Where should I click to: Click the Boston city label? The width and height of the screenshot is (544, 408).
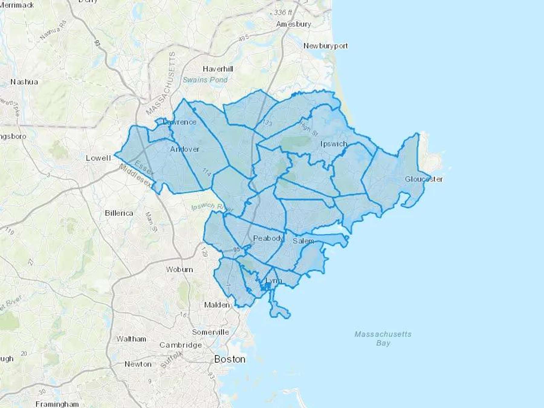pyautogui.click(x=230, y=359)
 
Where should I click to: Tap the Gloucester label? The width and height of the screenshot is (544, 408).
pyautogui.click(x=424, y=179)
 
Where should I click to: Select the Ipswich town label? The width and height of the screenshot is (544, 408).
pyautogui.click(x=334, y=144)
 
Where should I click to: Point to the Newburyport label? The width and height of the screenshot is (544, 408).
pyautogui.click(x=325, y=46)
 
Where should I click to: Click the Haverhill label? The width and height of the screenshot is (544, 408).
pyautogui.click(x=218, y=69)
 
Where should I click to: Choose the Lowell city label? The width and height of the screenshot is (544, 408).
pyautogui.click(x=99, y=158)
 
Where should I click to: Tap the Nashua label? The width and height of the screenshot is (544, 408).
pyautogui.click(x=24, y=82)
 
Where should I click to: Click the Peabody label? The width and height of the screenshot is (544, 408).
pyautogui.click(x=268, y=238)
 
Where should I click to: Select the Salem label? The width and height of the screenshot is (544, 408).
pyautogui.click(x=303, y=241)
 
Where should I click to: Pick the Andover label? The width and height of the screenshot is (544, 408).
pyautogui.click(x=185, y=149)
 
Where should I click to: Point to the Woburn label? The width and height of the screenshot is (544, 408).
pyautogui.click(x=179, y=269)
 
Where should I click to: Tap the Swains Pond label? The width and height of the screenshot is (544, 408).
pyautogui.click(x=205, y=80)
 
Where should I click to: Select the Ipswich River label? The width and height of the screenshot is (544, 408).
pyautogui.click(x=212, y=207)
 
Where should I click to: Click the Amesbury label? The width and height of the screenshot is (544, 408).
pyautogui.click(x=293, y=24)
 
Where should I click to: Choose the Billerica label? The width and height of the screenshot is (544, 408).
pyautogui.click(x=119, y=213)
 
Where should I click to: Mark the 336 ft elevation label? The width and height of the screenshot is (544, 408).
pyautogui.click(x=283, y=12)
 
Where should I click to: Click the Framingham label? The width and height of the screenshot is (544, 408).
pyautogui.click(x=57, y=404)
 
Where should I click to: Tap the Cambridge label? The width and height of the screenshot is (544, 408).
pyautogui.click(x=180, y=345)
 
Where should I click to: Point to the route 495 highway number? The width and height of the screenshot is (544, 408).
pyautogui.click(x=243, y=38)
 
